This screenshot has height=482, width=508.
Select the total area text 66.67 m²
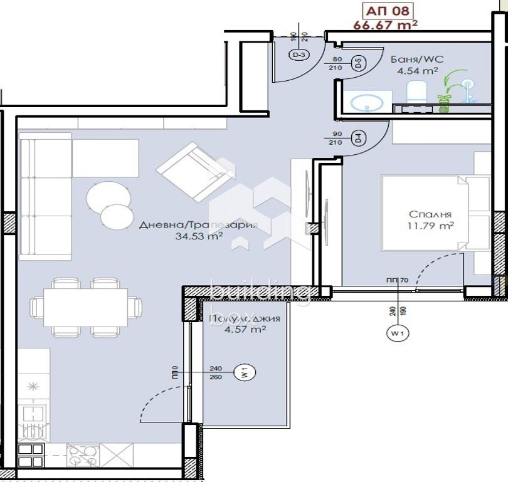click(x=385, y=24)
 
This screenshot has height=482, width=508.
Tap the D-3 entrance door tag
click(x=299, y=55)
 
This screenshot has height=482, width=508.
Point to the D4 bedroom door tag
click(x=358, y=139)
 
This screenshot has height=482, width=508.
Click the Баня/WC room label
click(x=416, y=60)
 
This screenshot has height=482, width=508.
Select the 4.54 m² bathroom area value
click(x=416, y=71)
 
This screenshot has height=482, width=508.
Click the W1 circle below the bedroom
click(x=396, y=334)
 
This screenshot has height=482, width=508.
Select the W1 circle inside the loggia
click(x=245, y=373)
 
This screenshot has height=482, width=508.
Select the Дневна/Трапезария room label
click(x=198, y=225)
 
